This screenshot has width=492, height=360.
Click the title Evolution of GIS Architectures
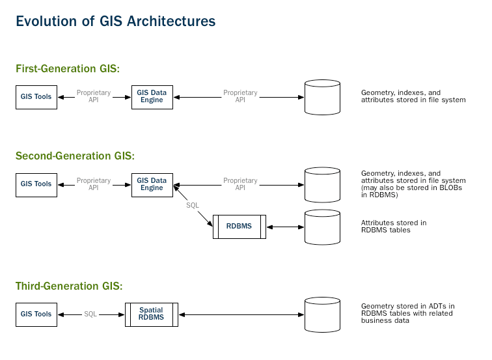click(116, 21)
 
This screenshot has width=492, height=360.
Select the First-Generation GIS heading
click(68, 69)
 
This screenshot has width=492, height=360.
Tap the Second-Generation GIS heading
click(75, 156)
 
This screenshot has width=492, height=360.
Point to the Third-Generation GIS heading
click(69, 286)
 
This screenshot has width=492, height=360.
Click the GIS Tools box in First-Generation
click(36, 97)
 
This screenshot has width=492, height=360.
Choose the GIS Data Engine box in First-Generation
click(152, 97)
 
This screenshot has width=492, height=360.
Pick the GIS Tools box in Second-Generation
click(36, 184)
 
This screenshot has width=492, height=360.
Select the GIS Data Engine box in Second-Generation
click(152, 184)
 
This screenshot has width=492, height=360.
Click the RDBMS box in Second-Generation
click(239, 227)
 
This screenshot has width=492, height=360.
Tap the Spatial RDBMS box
click(151, 314)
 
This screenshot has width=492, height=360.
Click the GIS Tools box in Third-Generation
click(36, 314)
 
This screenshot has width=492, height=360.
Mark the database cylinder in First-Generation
click(323, 97)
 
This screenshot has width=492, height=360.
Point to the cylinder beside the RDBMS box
click(323, 226)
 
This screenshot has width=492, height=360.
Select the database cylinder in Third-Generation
click(323, 314)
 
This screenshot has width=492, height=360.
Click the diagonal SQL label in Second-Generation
click(192, 205)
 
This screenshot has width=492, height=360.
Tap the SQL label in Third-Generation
click(90, 314)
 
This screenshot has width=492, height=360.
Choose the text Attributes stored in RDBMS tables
click(394, 227)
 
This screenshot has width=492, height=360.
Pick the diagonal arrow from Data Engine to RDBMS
click(195, 208)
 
